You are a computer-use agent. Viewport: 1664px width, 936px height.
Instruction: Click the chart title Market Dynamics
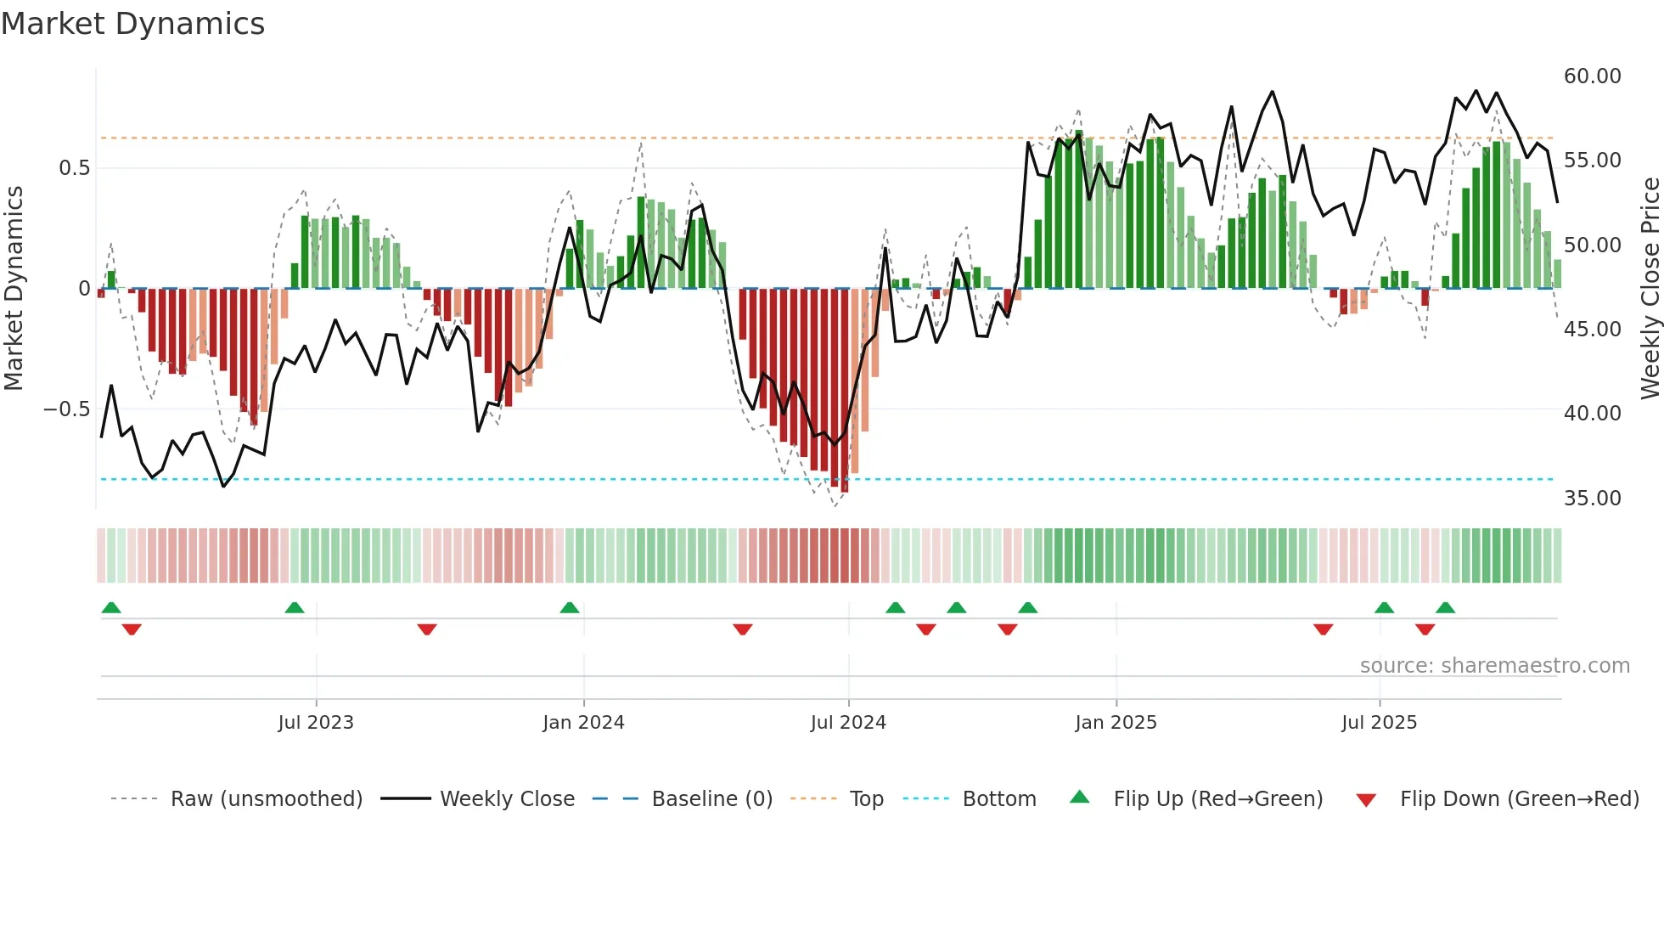[x=133, y=24]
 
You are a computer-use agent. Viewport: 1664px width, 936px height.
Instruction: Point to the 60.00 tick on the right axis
[x=1592, y=76]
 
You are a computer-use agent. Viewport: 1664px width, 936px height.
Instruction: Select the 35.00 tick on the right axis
[x=1592, y=498]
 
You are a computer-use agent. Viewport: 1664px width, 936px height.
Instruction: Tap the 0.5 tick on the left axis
[x=74, y=168]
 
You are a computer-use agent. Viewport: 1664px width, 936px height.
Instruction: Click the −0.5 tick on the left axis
[x=67, y=409]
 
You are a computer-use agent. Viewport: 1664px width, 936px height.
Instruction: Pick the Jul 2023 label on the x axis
[x=316, y=723]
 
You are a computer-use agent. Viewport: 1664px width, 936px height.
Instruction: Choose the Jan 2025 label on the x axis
[x=1116, y=723]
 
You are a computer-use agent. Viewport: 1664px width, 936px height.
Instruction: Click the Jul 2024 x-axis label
[x=848, y=723]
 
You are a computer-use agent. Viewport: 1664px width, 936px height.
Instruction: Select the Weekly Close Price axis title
[x=1650, y=289]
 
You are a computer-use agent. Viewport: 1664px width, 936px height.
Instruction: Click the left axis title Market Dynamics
[x=14, y=289]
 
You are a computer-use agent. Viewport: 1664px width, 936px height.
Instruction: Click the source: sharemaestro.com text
[x=1494, y=666]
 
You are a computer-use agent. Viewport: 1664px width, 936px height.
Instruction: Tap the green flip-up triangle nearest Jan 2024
[x=570, y=607]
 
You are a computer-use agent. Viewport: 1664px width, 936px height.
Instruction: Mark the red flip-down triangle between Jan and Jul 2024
[x=743, y=629]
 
